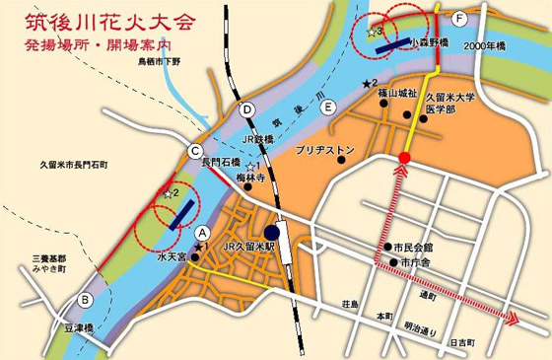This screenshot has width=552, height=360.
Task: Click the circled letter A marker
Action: coord(203,233)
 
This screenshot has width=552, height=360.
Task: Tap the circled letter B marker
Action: coord(86,300)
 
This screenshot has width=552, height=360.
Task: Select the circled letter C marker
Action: coord(195,150)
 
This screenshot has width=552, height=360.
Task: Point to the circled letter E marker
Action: coord(327,107)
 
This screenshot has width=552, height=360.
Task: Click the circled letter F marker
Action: coord(457,19)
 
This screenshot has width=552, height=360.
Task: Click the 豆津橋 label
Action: coord(75,328)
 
